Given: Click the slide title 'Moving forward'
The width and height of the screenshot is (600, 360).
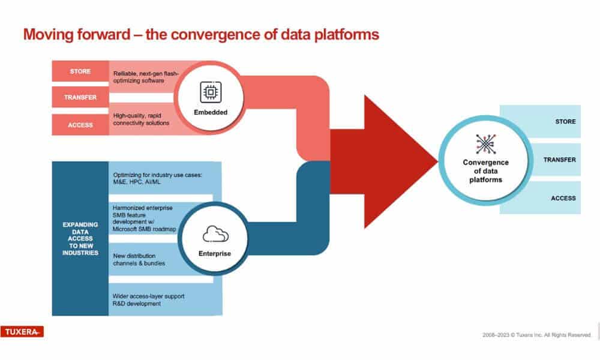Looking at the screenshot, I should click(200, 35).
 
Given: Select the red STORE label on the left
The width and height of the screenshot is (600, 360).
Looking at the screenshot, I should click(80, 71).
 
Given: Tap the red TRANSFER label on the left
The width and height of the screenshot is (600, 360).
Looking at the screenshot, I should click(80, 98).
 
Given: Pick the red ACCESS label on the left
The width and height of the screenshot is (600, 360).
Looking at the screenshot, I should click(80, 125).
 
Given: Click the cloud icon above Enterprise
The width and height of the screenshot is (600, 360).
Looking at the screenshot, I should click(214, 233).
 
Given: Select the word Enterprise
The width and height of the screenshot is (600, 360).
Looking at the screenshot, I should click(214, 254).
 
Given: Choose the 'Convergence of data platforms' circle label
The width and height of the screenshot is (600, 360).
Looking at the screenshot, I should click(485, 171).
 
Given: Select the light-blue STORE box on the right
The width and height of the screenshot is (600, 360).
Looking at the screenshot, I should click(541, 122).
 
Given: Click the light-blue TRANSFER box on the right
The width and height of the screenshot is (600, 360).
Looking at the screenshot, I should click(541, 160).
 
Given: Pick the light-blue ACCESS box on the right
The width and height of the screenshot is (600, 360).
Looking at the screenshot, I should click(541, 198).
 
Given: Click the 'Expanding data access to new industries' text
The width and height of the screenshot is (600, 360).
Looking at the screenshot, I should click(80, 239).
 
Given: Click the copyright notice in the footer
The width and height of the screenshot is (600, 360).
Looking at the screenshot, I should click(537, 335).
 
